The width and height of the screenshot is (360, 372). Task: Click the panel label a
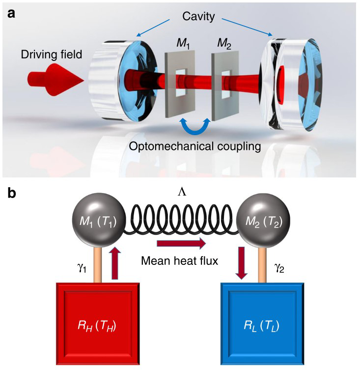coord(11,14)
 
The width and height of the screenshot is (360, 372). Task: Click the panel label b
coord(12,193)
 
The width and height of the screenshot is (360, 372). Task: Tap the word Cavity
coord(198,17)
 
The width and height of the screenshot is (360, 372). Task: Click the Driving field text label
coord(52,55)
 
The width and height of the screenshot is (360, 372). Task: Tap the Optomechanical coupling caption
coord(195,146)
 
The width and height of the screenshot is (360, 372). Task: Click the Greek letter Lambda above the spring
coord(182,193)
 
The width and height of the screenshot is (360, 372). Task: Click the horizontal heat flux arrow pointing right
coord(181,244)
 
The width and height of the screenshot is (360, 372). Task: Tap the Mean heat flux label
coord(180,261)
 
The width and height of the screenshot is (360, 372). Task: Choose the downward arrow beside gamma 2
coord(242,263)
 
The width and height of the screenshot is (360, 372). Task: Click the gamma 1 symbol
coord(82,268)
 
